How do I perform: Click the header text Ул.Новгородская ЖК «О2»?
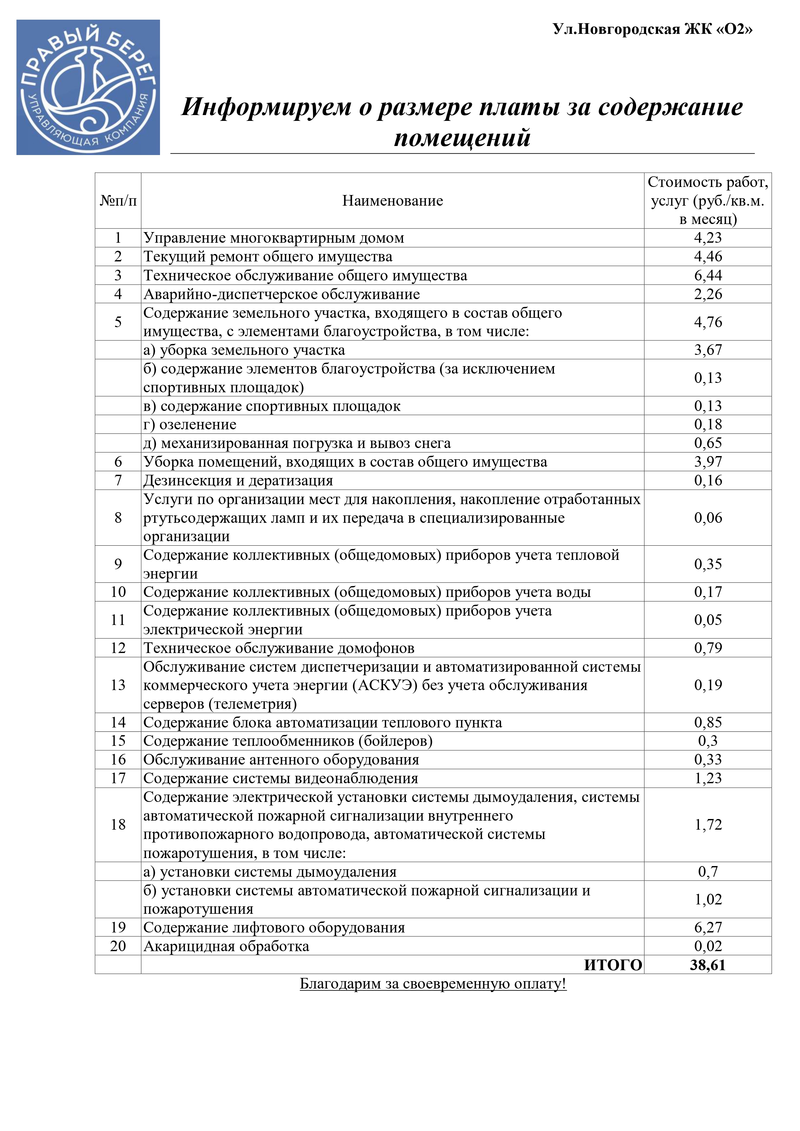(x=652, y=30)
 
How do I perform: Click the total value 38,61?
(x=707, y=964)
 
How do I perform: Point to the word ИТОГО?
(x=613, y=964)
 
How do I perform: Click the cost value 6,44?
(x=708, y=275)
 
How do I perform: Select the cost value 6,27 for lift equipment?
(x=708, y=927)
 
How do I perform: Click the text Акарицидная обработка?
(x=226, y=946)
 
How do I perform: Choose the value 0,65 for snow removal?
(x=708, y=443)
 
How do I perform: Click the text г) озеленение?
(x=190, y=424)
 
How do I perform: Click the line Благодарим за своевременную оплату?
(x=433, y=984)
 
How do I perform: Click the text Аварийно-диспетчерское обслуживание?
(x=282, y=294)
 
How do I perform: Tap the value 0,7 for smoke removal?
(x=708, y=872)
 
